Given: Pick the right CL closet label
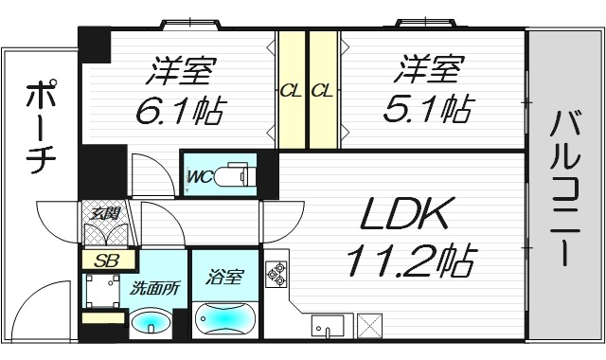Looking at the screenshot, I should (x=322, y=92).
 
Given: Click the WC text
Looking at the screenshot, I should (x=198, y=176).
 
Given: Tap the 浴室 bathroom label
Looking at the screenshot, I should (x=223, y=279).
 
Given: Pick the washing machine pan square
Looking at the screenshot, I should (x=102, y=289).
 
